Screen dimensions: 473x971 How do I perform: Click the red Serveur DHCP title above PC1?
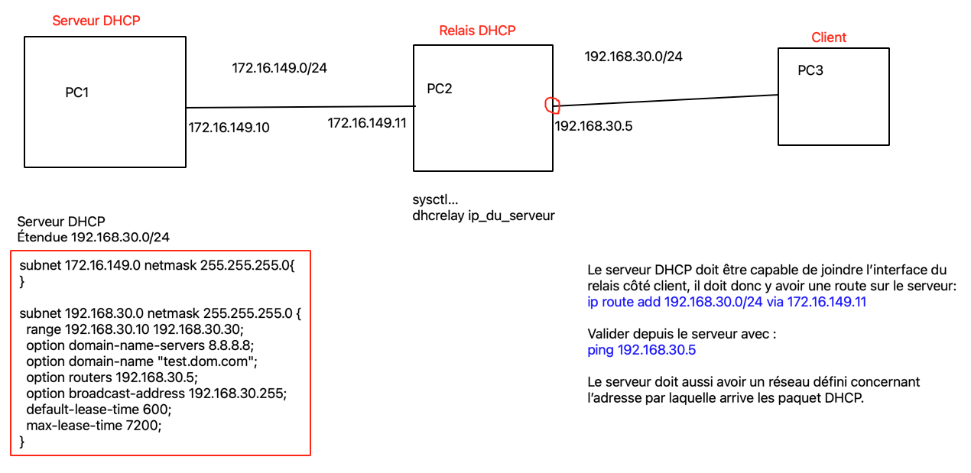click(x=96, y=21)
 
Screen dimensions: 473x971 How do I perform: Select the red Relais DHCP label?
click(x=477, y=31)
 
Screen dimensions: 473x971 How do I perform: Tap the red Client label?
click(x=829, y=37)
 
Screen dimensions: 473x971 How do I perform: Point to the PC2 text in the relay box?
click(x=440, y=89)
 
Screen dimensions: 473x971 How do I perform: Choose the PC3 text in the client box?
click(x=810, y=71)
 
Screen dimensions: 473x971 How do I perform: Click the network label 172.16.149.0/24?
click(x=280, y=68)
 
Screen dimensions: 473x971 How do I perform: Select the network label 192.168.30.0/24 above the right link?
click(x=633, y=56)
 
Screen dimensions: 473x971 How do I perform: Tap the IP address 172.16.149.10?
click(x=229, y=128)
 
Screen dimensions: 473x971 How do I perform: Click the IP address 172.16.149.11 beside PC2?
click(x=367, y=122)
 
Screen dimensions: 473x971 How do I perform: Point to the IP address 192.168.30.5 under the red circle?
click(x=593, y=127)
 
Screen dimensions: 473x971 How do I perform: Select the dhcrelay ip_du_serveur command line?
click(x=483, y=215)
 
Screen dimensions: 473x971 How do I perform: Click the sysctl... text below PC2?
click(x=435, y=200)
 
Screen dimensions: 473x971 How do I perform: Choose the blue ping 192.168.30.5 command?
click(x=641, y=350)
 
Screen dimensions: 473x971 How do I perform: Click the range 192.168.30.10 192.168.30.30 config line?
click(x=134, y=329)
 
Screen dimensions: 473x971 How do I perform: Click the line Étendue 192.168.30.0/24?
click(x=93, y=237)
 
